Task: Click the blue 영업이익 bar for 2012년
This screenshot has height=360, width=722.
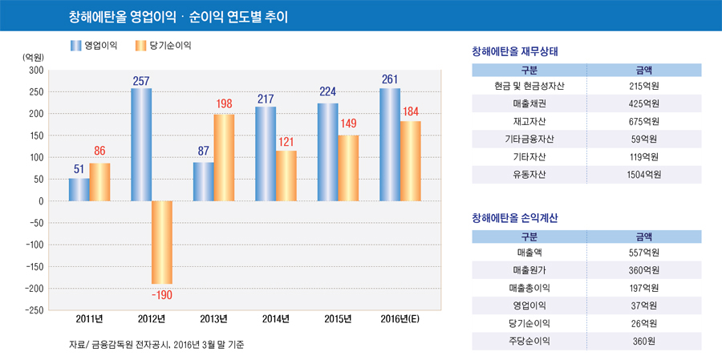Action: (141, 144)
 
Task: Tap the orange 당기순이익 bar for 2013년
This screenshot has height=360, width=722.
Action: (224, 158)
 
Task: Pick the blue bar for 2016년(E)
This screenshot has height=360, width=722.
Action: (390, 144)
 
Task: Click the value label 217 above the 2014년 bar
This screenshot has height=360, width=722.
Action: (266, 99)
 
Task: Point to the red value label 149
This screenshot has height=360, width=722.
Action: (348, 124)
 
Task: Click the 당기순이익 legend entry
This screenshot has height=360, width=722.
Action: (164, 46)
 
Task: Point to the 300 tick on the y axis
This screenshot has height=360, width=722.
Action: (35, 71)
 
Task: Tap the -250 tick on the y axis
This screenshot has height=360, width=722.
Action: (32, 310)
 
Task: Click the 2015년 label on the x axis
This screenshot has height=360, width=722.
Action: (338, 319)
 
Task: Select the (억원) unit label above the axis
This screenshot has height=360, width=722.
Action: (33, 58)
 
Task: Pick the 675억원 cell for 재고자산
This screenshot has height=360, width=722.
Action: (644, 121)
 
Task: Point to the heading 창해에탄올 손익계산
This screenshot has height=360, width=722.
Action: (516, 217)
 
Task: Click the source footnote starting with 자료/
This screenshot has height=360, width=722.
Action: (156, 345)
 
